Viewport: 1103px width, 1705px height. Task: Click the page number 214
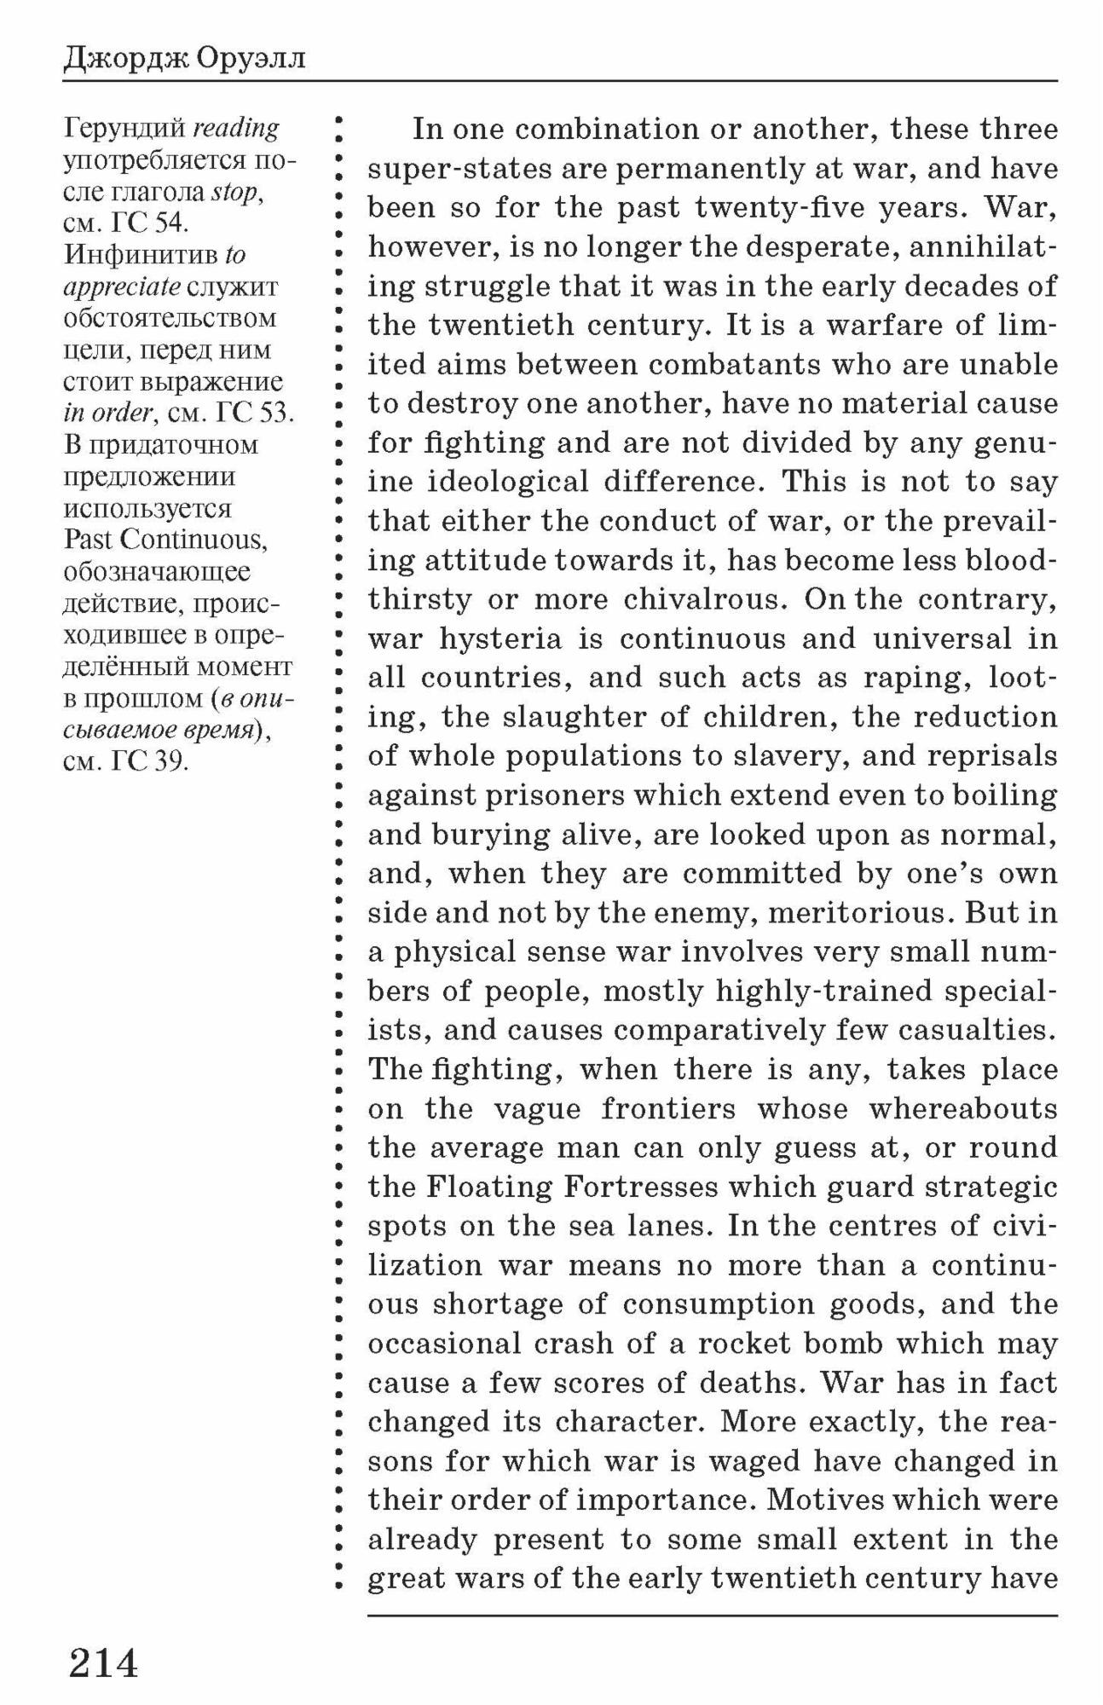103,1662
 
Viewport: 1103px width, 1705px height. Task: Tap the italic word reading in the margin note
236,129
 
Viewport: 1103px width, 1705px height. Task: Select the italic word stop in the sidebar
234,192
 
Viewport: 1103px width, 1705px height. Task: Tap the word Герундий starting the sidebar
124,129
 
